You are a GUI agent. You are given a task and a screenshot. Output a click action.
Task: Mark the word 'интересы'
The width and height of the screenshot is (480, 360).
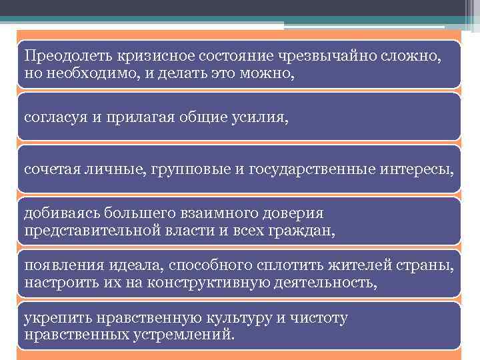[419, 170]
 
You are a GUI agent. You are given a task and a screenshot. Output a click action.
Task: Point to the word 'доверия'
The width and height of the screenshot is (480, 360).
[293, 214]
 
